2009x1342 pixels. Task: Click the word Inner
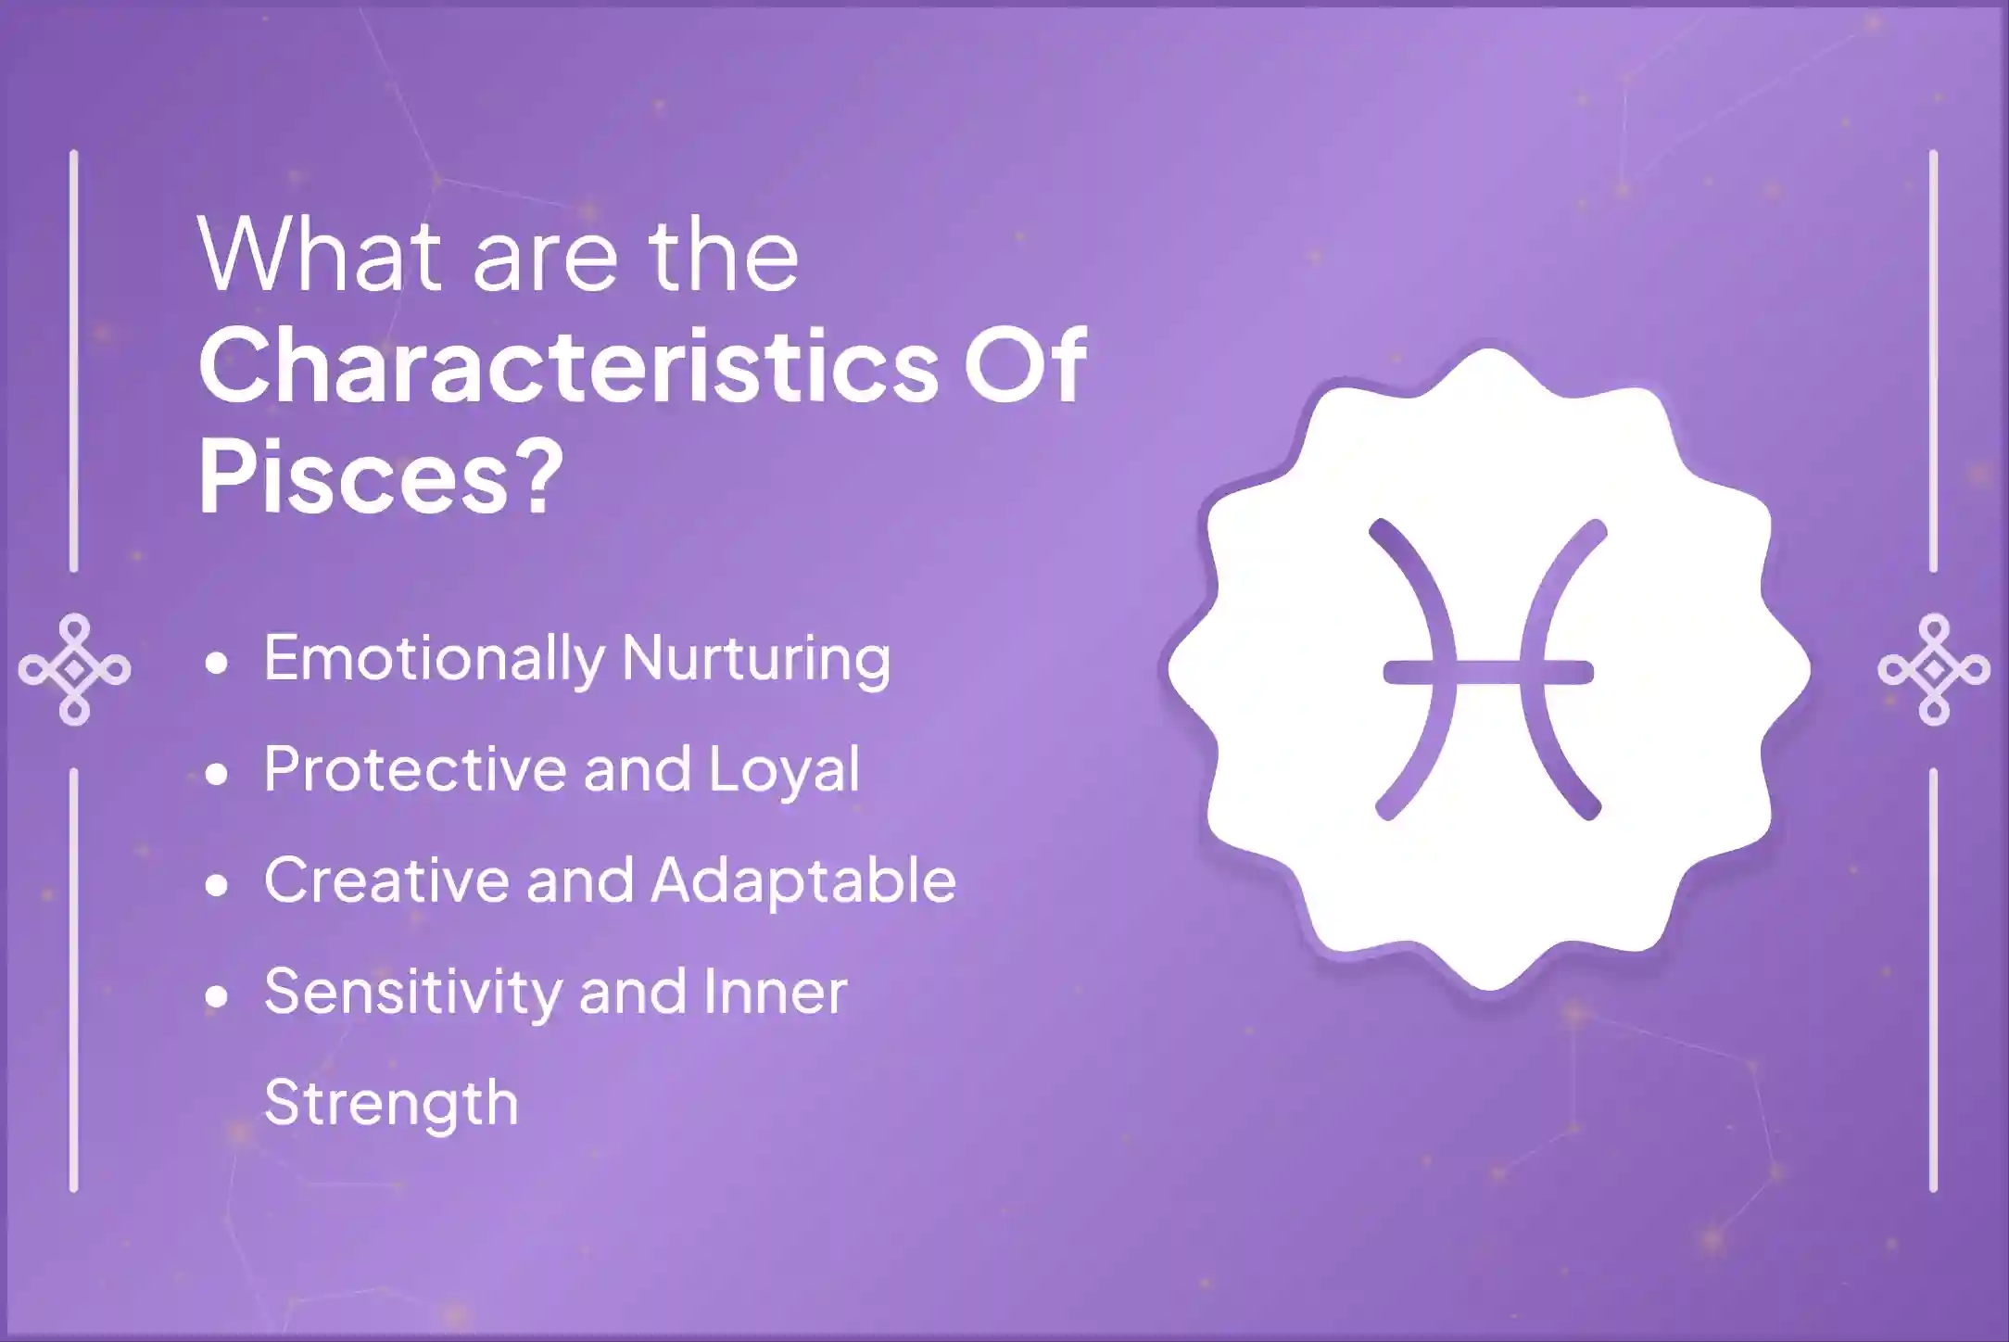click(775, 991)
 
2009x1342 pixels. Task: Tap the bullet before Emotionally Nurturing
click(217, 664)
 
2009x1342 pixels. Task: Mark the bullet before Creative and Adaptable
click(217, 885)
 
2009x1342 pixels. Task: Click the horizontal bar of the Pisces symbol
click(1488, 672)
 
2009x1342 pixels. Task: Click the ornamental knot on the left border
click(74, 669)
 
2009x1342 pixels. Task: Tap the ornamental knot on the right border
click(1933, 669)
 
